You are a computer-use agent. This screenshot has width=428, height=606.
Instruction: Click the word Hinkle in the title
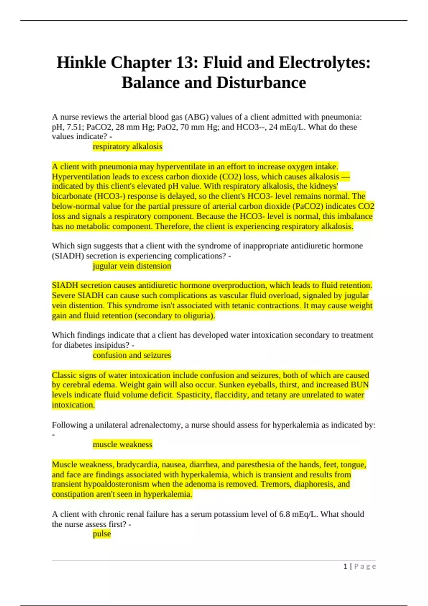pyautogui.click(x=81, y=63)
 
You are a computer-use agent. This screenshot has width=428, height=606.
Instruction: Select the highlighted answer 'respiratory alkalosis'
pyautogui.click(x=127, y=147)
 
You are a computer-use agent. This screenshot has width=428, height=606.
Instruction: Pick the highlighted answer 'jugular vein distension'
pyautogui.click(x=132, y=266)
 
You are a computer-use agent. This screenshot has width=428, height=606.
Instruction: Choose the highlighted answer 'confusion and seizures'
pyautogui.click(x=132, y=355)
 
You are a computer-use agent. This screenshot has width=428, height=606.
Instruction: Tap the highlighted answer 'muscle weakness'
pyautogui.click(x=122, y=444)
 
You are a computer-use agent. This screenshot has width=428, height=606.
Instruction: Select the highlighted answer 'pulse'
pyautogui.click(x=102, y=534)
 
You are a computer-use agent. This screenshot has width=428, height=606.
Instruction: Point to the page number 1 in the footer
pyautogui.click(x=345, y=566)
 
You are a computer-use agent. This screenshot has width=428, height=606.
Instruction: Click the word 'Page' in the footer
pyautogui.click(x=365, y=566)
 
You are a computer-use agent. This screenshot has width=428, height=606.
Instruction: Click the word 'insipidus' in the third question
pyautogui.click(x=112, y=345)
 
